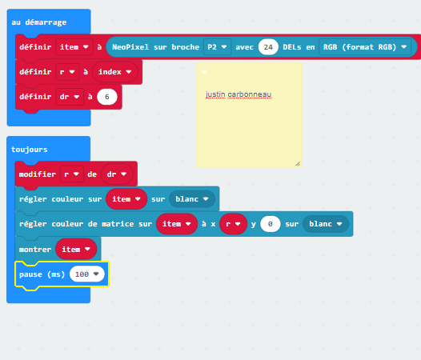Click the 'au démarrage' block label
[39, 22]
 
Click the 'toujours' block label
[30, 150]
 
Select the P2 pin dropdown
[217, 47]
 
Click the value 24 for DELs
[268, 47]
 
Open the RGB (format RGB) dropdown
[365, 47]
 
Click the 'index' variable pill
[115, 72]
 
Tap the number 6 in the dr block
[107, 97]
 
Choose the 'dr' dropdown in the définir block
[70, 97]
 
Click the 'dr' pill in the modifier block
[117, 174]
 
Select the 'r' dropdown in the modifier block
[72, 174]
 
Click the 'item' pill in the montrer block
[76, 250]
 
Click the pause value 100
[86, 274]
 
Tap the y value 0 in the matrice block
[270, 224]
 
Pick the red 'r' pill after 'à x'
[233, 224]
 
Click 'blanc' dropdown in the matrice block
[326, 224]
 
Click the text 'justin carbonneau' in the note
[239, 94]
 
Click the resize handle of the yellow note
[298, 164]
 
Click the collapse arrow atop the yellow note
[204, 72]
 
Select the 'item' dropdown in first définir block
[74, 47]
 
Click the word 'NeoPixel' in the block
[130, 47]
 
